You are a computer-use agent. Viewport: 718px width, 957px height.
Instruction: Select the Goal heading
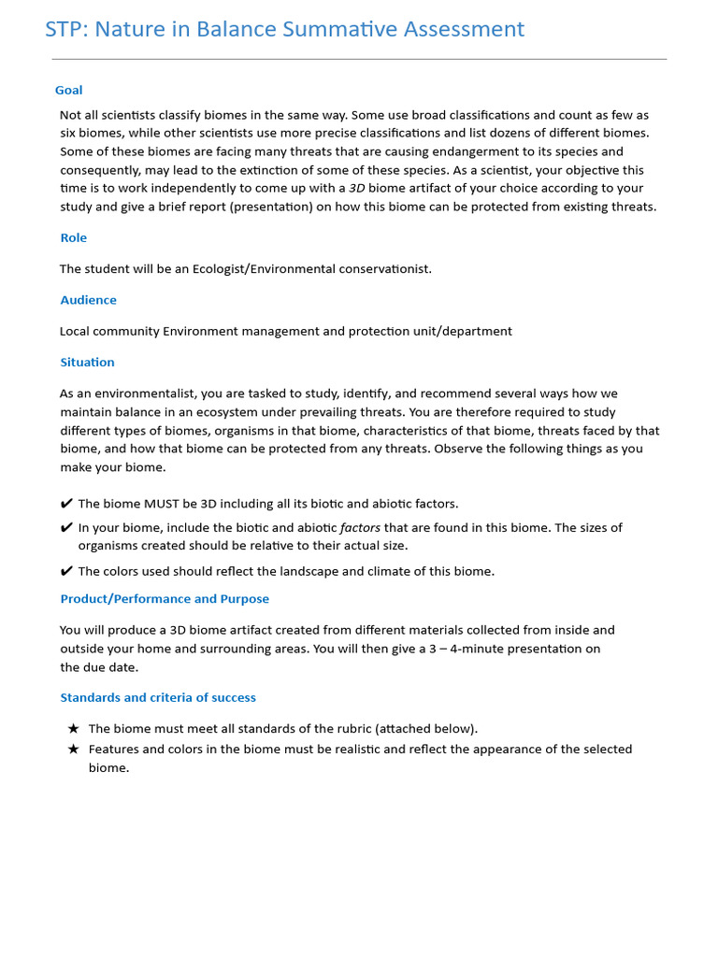(x=68, y=91)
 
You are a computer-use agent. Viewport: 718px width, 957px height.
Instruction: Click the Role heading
(x=74, y=238)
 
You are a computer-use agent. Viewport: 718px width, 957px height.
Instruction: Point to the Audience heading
(x=89, y=300)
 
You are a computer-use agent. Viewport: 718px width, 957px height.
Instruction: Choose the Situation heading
(x=88, y=363)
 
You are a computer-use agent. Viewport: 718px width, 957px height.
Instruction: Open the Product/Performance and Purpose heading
(x=165, y=599)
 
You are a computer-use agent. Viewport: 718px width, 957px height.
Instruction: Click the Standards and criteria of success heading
(x=158, y=698)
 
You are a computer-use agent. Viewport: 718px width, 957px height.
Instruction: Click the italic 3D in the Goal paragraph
(x=356, y=188)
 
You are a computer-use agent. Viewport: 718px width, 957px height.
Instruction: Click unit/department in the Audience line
(x=465, y=331)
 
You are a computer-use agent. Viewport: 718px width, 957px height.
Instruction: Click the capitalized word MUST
(x=162, y=504)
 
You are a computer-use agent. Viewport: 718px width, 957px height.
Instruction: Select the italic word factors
(x=360, y=528)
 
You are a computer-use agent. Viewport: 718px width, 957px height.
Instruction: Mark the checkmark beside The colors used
(x=66, y=571)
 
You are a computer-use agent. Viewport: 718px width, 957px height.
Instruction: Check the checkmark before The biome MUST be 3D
(x=66, y=504)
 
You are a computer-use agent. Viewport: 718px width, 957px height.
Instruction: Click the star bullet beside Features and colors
(x=74, y=750)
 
